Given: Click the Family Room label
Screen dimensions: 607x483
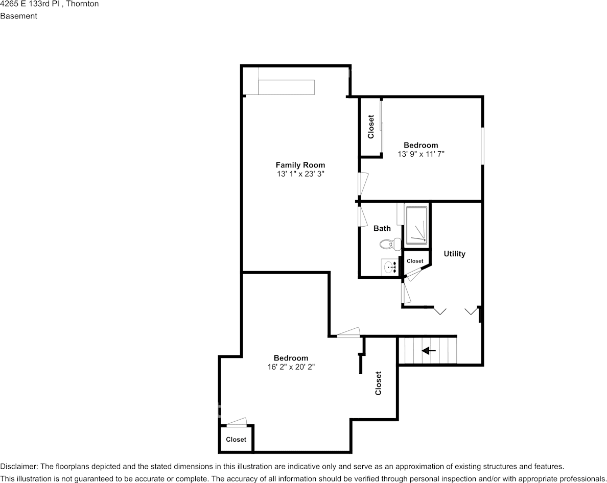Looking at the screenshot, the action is [x=300, y=165].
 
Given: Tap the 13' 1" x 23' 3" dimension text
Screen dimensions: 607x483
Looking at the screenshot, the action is [x=300, y=174].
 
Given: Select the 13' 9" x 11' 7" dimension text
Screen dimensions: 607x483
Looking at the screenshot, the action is [x=421, y=154].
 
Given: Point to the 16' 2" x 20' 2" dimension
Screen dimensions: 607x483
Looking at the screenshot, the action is [x=291, y=367].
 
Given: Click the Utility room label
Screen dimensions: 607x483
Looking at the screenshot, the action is [x=454, y=254].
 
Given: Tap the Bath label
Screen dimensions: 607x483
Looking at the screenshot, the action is [x=382, y=229].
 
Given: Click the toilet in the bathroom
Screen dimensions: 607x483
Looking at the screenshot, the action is [x=390, y=244].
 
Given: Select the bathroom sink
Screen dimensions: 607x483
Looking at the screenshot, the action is [x=389, y=267].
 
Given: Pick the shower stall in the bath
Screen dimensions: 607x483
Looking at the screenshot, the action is [x=416, y=226].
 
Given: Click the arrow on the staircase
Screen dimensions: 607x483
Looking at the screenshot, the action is [x=429, y=351].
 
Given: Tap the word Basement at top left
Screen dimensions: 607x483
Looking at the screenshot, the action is [x=18, y=16].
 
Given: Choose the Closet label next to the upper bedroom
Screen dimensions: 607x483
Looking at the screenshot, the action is [x=371, y=127].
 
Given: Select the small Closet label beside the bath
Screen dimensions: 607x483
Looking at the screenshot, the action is [x=415, y=261].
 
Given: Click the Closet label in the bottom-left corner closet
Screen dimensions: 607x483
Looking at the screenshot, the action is [x=236, y=439].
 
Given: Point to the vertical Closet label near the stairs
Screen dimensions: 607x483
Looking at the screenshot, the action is [x=378, y=383].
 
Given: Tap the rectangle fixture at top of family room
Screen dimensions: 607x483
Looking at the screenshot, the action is [x=287, y=87].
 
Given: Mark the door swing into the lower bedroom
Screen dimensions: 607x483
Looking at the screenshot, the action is [x=348, y=332].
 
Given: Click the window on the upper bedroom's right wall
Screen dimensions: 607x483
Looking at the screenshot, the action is [x=483, y=146].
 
